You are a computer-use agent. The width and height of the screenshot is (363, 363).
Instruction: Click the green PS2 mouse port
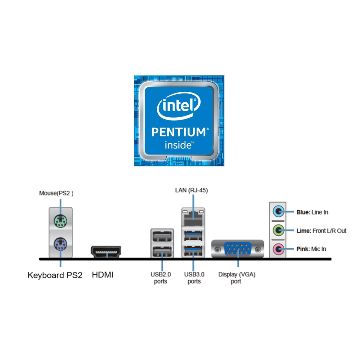pos(60,221)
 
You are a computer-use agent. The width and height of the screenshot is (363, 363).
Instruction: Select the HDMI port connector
pos(106,252)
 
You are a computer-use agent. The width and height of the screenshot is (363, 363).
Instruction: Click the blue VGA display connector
pos(238,249)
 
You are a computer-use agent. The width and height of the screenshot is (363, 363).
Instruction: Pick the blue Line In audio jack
pos(278,211)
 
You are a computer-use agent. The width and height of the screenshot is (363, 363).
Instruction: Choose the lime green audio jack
pos(278,231)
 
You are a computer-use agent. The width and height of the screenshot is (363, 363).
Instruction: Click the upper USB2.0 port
pos(162,236)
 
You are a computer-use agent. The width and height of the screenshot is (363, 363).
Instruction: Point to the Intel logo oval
pos(178,106)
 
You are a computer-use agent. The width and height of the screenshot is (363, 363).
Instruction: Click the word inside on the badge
pos(178,145)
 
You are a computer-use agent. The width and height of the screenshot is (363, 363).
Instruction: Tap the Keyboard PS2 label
pos(55,275)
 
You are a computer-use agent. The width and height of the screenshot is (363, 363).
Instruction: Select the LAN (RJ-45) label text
pos(191,190)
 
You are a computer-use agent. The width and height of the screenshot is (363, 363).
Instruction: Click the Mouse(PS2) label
pos(56,193)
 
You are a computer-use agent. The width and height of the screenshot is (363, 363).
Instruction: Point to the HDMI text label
pos(103,275)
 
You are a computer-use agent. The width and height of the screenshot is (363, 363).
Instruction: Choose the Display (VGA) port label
pos(237,278)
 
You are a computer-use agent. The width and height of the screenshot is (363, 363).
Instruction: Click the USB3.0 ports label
pos(194,278)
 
